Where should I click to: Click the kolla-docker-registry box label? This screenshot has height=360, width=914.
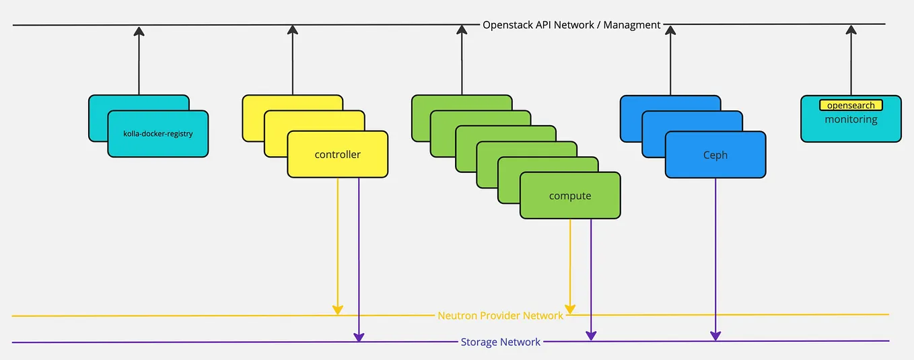(158, 134)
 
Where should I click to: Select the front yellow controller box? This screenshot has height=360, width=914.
(337, 155)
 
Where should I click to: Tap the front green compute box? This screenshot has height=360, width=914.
(570, 196)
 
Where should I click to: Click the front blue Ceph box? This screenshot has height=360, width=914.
(715, 155)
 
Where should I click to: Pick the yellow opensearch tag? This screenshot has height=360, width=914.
(851, 106)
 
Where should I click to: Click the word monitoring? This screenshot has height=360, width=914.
(851, 120)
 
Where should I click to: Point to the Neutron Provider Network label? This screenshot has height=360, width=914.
(500, 316)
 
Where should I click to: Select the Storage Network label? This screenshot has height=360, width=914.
(500, 342)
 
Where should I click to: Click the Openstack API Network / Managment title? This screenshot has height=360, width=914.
(571, 25)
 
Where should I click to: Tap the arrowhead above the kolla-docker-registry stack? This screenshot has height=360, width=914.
(139, 31)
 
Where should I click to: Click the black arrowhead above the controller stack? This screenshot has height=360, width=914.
(292, 30)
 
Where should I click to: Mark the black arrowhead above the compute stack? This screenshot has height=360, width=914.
(462, 30)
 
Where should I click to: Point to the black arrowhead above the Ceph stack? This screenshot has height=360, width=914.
(670, 30)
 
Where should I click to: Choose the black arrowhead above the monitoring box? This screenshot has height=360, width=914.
(851, 30)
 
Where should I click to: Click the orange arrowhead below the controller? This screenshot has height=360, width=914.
(338, 310)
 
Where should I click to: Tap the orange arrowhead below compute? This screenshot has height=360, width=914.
(570, 309)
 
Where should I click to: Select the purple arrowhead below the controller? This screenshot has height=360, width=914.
(359, 336)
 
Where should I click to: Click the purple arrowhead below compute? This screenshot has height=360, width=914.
(591, 335)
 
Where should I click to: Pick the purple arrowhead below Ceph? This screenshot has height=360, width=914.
(715, 335)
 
